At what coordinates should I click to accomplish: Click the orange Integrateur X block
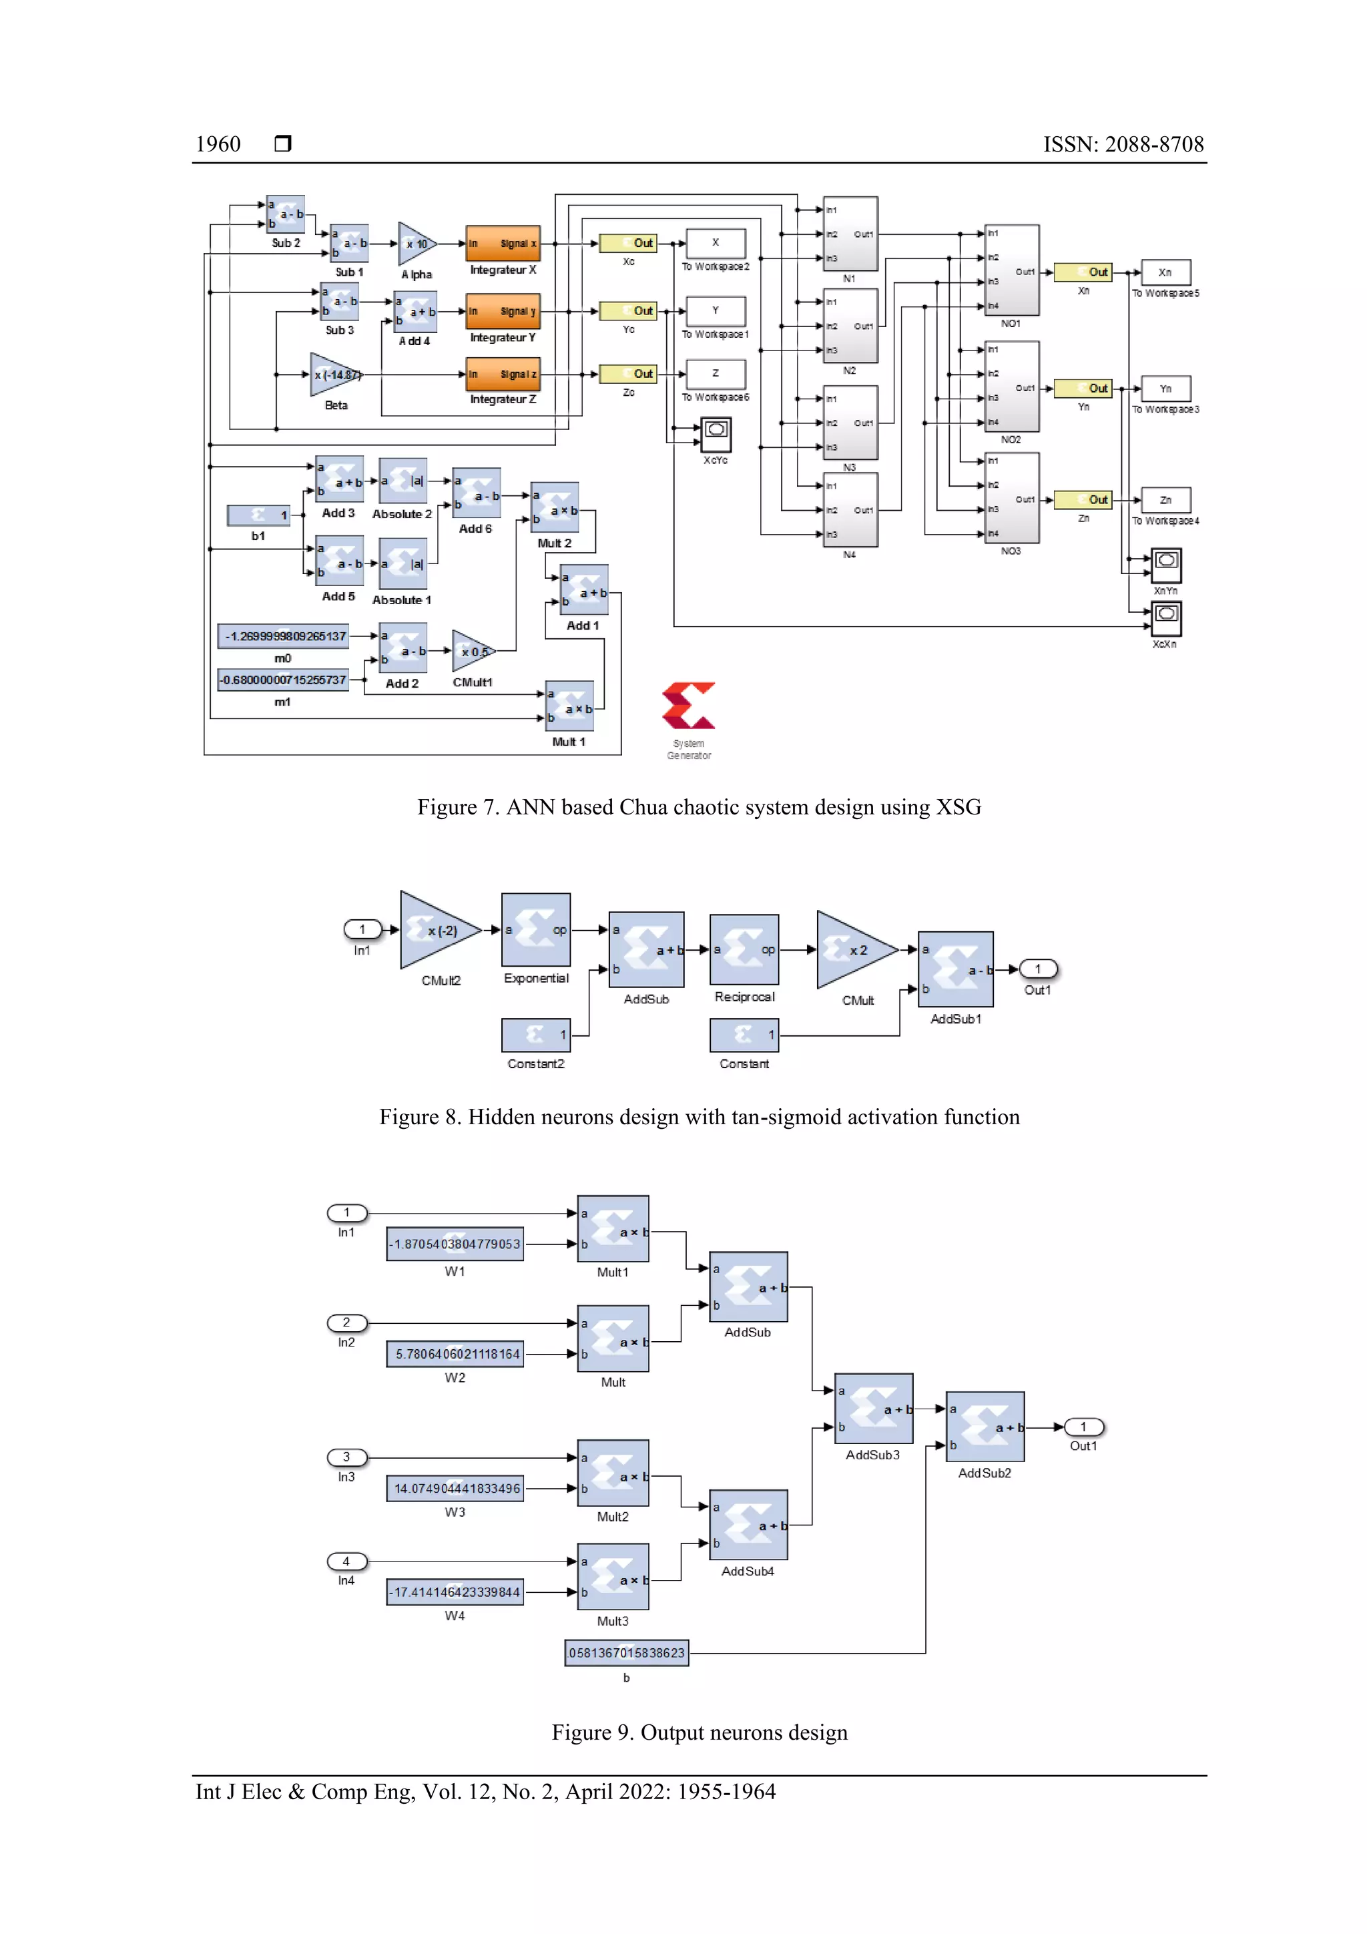pyautogui.click(x=503, y=244)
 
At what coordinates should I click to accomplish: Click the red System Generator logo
pyautogui.click(x=688, y=706)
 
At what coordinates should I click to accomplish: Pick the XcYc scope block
pyautogui.click(x=716, y=435)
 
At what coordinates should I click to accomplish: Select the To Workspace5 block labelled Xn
pyautogui.click(x=1165, y=272)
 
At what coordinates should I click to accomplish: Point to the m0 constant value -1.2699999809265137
pyautogui.click(x=285, y=636)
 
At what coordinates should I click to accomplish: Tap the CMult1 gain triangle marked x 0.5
pyautogui.click(x=471, y=651)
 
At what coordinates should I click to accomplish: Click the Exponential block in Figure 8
pyautogui.click(x=536, y=930)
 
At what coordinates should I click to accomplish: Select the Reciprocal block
pyautogui.click(x=744, y=949)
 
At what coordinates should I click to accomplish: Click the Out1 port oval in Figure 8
pyautogui.click(x=1038, y=969)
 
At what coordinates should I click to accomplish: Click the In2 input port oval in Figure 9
pyautogui.click(x=346, y=1322)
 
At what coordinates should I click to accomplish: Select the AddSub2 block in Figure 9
pyautogui.click(x=985, y=1427)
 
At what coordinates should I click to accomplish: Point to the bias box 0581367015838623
pyautogui.click(x=626, y=1653)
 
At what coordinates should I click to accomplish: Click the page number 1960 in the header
pyautogui.click(x=218, y=144)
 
